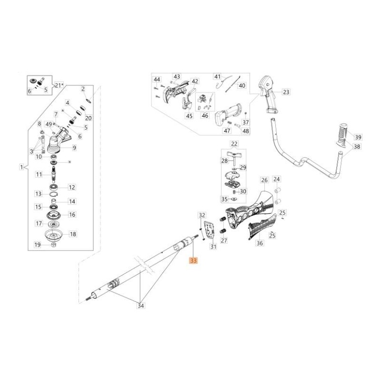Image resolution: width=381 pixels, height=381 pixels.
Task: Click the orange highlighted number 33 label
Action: click(193, 261)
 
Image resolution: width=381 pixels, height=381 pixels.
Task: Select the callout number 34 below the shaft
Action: click(140, 306)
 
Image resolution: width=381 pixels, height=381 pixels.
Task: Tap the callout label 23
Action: click(286, 92)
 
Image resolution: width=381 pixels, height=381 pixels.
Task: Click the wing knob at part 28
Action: click(235, 156)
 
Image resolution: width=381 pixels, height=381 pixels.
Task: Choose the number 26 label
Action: click(264, 180)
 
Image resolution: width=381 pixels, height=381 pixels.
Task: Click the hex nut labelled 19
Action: click(53, 245)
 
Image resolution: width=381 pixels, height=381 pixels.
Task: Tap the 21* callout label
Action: click(60, 85)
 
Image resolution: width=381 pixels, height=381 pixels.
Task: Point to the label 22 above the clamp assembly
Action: click(234, 143)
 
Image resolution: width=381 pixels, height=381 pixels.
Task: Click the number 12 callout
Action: click(72, 187)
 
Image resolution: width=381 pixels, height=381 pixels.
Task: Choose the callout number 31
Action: click(213, 246)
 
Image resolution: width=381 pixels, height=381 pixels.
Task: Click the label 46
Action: click(205, 115)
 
